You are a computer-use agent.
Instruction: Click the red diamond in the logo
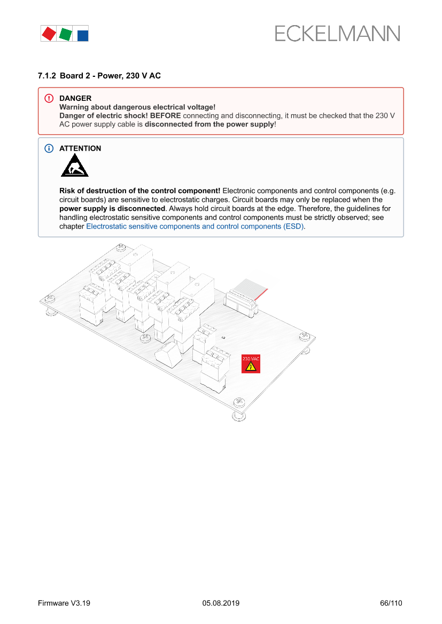(x=49, y=34)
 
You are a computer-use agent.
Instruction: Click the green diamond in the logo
(x=65, y=34)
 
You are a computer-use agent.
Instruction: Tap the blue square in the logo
(x=83, y=36)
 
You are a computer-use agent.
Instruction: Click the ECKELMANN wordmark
(x=337, y=34)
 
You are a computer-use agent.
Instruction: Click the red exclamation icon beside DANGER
(x=49, y=98)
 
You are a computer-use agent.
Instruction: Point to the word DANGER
(x=75, y=98)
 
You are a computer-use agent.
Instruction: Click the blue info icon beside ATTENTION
(x=49, y=148)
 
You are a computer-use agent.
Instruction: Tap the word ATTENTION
(x=80, y=148)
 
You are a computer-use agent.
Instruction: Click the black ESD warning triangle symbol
(x=74, y=167)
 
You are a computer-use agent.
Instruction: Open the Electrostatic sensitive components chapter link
(x=196, y=226)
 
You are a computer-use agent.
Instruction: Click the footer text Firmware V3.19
(x=64, y=603)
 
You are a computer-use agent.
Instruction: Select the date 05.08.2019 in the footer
(x=221, y=603)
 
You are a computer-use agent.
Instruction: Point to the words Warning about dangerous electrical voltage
(x=137, y=107)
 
